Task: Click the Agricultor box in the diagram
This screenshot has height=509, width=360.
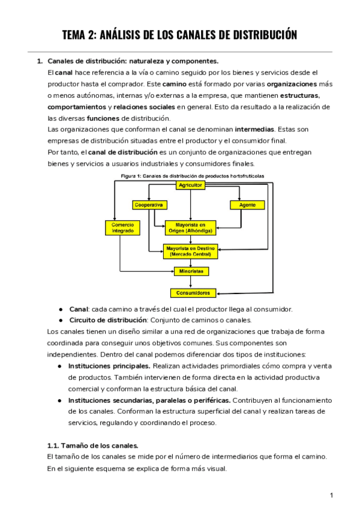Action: (190, 185)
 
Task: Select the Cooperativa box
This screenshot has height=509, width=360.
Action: (148, 205)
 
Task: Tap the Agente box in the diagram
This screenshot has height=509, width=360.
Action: (247, 205)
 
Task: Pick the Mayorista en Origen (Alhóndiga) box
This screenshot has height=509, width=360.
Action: (190, 228)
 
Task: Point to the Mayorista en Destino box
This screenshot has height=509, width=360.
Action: (190, 251)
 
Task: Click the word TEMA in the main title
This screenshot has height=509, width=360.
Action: (76, 35)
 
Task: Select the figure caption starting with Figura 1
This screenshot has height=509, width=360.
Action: (192, 176)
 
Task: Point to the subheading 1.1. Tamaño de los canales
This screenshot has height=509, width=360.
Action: (92, 445)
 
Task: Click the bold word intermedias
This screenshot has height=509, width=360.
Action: (256, 129)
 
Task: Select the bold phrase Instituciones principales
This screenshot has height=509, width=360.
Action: (110, 366)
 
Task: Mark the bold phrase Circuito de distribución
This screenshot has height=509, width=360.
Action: (108, 320)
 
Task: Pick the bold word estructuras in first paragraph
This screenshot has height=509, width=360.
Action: (300, 95)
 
